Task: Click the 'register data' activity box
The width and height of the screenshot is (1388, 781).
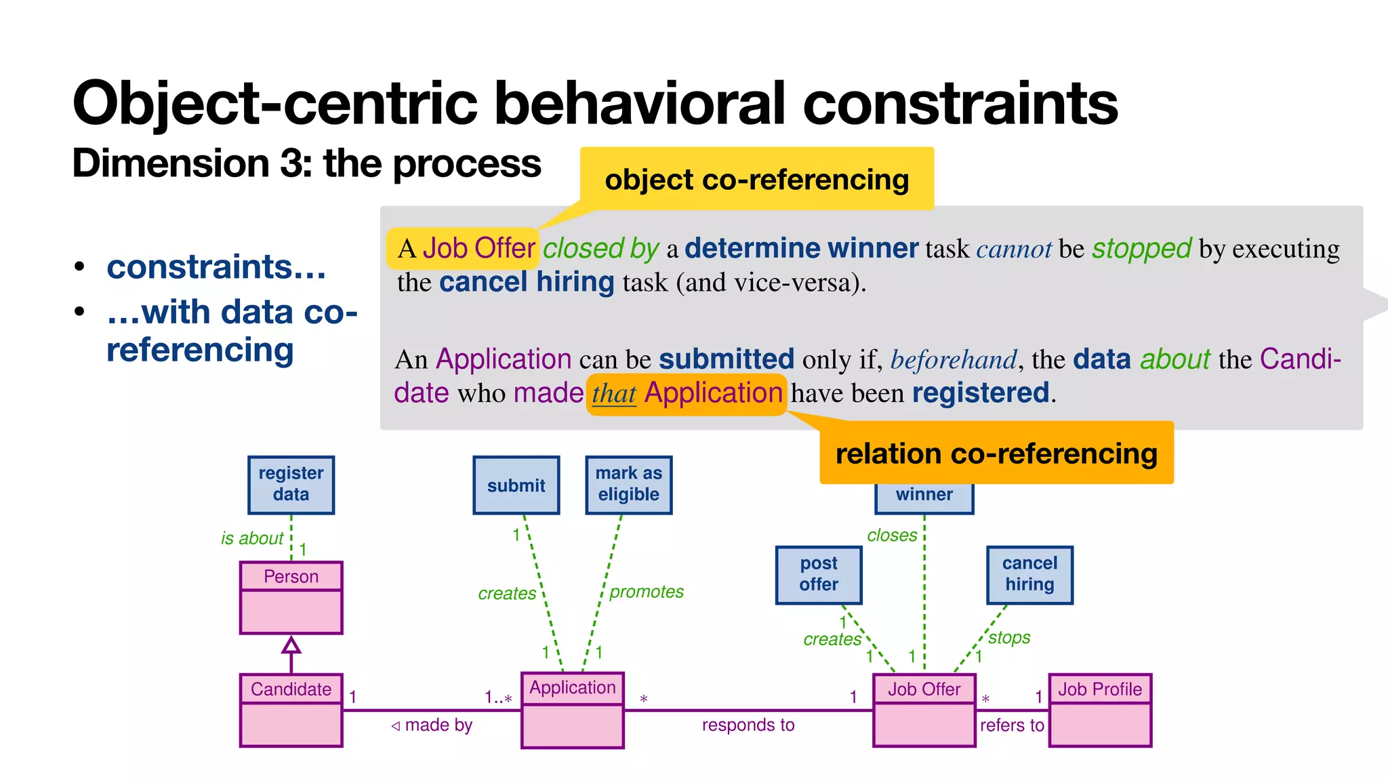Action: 291,485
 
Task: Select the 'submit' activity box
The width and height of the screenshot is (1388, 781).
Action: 516,485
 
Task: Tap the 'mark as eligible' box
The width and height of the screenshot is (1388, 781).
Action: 628,485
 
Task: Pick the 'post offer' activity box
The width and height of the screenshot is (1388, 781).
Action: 818,574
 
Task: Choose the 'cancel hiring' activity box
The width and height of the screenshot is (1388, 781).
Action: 1029,574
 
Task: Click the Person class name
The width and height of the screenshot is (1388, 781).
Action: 291,576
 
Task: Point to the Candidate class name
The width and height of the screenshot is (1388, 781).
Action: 291,689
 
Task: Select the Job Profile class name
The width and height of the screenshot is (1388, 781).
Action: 1099,689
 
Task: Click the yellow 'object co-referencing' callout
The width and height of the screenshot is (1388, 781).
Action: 756,180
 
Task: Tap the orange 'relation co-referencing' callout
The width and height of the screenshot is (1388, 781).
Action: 996,453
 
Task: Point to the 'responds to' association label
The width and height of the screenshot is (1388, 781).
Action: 748,725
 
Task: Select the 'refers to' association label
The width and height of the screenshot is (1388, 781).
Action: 1011,725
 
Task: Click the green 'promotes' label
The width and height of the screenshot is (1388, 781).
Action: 646,592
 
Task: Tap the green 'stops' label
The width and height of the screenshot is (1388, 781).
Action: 1008,637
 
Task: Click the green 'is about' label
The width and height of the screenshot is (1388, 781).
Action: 251,538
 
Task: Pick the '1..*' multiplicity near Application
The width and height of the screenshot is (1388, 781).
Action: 497,697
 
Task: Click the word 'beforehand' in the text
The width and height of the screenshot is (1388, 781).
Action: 953,359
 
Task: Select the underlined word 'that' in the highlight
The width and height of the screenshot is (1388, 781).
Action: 613,393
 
